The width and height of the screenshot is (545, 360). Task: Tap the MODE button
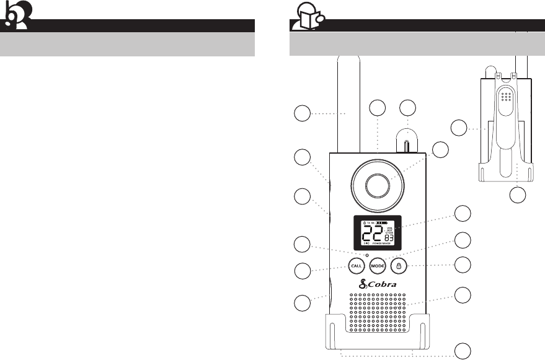click(x=377, y=265)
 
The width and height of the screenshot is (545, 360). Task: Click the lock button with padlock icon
click(x=399, y=265)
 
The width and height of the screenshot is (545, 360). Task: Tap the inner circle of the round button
click(x=378, y=184)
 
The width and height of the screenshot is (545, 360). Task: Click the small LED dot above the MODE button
click(x=367, y=255)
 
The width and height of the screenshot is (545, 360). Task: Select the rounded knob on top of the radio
click(x=407, y=141)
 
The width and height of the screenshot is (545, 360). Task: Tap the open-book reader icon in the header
click(x=306, y=19)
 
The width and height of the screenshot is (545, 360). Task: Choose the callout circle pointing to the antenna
click(x=302, y=114)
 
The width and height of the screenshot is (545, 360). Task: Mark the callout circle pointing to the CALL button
click(x=302, y=271)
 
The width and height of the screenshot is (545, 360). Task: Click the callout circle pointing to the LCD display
click(x=463, y=213)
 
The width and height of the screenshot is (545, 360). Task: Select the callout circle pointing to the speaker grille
click(x=463, y=295)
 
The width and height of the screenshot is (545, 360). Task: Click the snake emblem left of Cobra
click(x=364, y=284)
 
